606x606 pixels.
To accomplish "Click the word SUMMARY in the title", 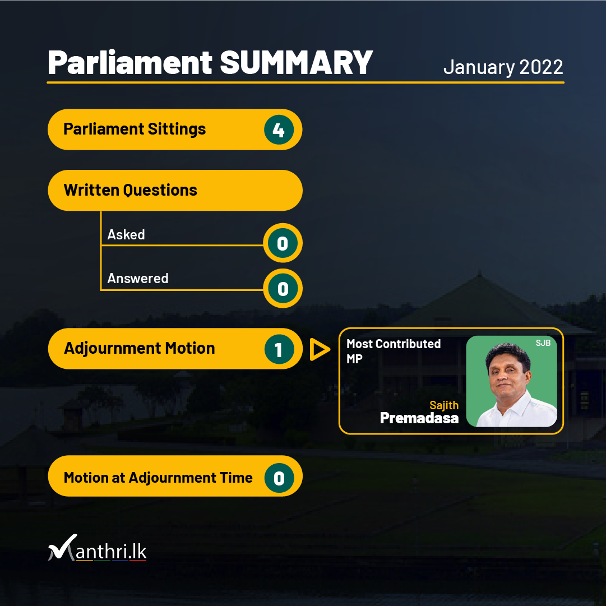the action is point(296,63).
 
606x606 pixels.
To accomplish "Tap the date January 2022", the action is point(503,67).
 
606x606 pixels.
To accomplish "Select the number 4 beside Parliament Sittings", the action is point(279,129).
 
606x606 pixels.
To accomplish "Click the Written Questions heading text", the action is point(130,190).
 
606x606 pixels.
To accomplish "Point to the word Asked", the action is point(126,234).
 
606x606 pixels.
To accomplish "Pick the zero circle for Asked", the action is point(283,243).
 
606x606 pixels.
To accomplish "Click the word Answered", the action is point(137,278).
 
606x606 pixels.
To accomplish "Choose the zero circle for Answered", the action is point(283,288).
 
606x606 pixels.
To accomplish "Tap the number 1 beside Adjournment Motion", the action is point(279,349).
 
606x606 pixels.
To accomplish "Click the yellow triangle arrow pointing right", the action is point(319,349).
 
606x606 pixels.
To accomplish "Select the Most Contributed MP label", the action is point(394,351).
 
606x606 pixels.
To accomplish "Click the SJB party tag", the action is point(543,343).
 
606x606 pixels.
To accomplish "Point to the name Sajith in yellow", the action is point(444,405).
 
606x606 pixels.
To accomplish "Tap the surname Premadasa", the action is point(419,418).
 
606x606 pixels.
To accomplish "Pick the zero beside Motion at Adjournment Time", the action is point(279,478).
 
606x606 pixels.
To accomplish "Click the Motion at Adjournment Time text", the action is point(158,478).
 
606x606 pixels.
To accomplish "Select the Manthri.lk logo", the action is point(97,548).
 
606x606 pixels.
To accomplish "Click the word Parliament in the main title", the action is point(130,63).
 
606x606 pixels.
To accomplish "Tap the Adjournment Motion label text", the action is point(139,348).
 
